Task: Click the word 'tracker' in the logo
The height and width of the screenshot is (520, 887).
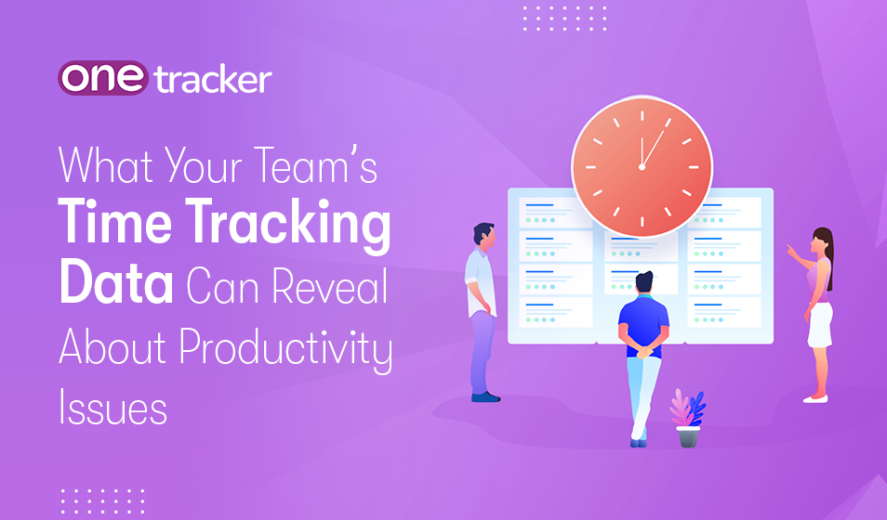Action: coord(213,79)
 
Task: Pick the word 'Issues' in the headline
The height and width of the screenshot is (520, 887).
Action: coord(113,407)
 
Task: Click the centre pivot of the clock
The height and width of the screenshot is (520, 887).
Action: coord(642,167)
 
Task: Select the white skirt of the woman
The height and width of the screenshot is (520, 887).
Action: coord(819,324)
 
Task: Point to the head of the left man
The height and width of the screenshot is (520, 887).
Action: coord(483,235)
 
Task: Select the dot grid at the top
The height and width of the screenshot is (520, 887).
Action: coord(564,18)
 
